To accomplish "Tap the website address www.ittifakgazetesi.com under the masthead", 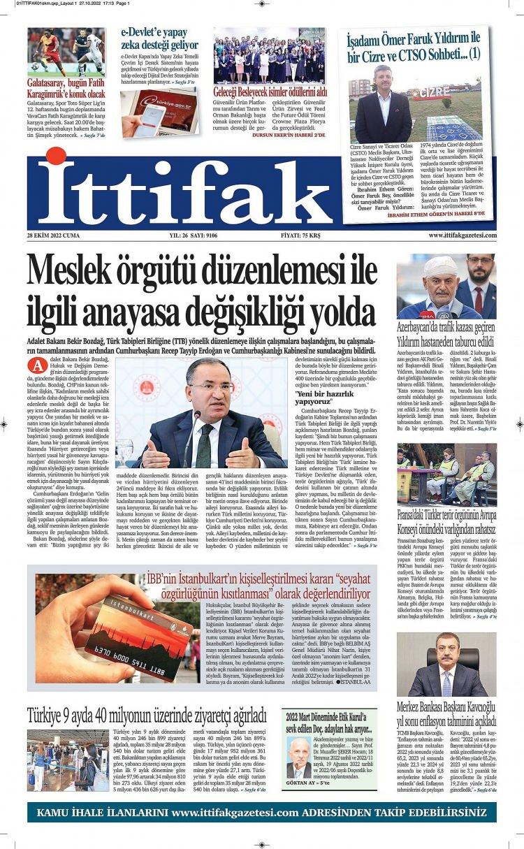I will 462,235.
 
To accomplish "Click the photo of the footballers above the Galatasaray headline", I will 66,52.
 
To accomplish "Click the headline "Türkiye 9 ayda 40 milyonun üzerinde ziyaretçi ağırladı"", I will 147,716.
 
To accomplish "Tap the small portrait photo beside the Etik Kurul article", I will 298,757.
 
